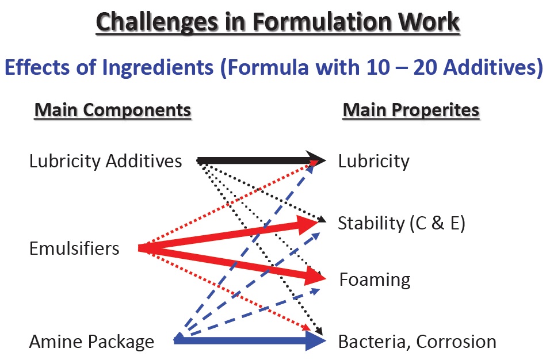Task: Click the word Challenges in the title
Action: point(157,22)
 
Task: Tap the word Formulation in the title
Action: point(321,21)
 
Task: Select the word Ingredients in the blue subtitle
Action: point(158,67)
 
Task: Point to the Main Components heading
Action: point(113,110)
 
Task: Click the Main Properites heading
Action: point(411,110)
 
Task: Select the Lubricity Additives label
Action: point(106,161)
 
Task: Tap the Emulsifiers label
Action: point(74,248)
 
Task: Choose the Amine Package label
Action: point(92,342)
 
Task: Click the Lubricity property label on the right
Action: point(373,161)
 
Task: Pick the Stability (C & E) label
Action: point(402,223)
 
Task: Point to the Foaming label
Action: point(375,279)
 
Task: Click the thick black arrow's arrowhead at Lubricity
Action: point(316,160)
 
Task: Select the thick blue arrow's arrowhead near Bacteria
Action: point(316,340)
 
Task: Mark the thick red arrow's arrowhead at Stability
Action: point(308,224)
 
